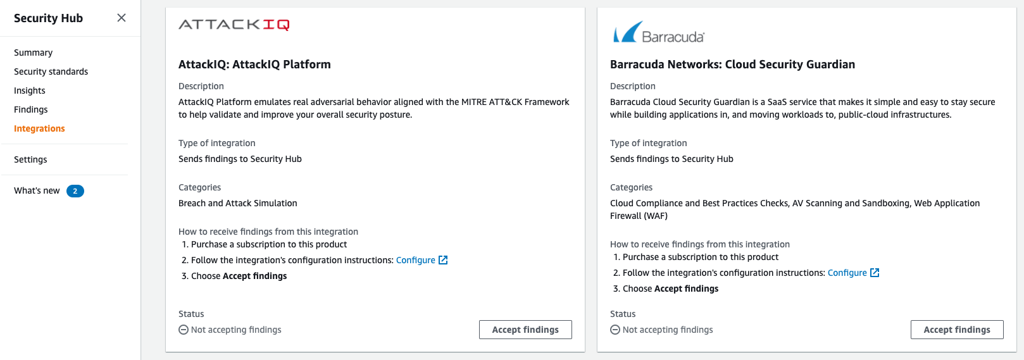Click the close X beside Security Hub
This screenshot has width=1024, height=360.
tap(122, 18)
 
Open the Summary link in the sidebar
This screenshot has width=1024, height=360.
tap(33, 53)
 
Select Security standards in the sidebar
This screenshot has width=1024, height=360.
tap(51, 71)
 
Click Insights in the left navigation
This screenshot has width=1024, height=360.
tap(30, 90)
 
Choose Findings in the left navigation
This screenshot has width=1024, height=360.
tap(30, 109)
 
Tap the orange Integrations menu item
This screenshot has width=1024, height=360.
tap(39, 128)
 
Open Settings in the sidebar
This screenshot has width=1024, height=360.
tap(30, 159)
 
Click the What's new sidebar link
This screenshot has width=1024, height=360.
tap(37, 190)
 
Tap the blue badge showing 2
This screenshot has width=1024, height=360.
tap(75, 191)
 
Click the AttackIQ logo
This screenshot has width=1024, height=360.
tap(234, 25)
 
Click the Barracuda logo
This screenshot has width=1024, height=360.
tap(658, 32)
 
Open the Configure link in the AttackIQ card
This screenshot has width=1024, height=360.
tap(415, 260)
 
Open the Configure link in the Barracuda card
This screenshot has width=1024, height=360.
tap(847, 273)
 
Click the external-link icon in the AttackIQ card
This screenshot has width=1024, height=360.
tap(443, 260)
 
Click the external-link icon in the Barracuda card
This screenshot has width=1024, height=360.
tap(875, 273)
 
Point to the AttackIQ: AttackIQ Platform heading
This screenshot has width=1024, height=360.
tap(254, 65)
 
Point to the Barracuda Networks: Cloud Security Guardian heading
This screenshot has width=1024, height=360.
tap(732, 65)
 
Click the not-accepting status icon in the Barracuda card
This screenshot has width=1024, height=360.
tap(615, 330)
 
